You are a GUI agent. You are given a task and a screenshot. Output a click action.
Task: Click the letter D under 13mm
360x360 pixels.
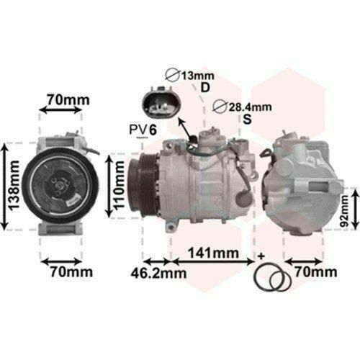tap(205, 89)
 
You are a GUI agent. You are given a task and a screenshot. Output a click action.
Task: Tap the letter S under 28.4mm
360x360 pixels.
tap(248, 121)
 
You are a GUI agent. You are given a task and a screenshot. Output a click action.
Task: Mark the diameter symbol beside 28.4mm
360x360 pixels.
tap(221, 107)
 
